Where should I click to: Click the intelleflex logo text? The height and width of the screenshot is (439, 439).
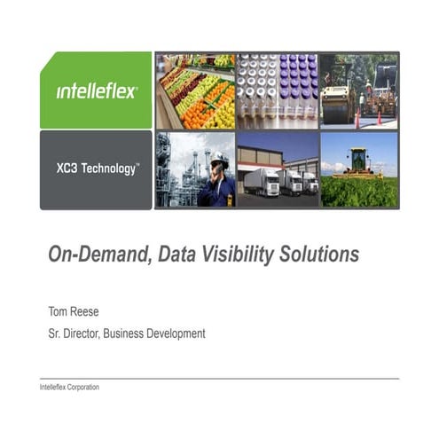coord(97,91)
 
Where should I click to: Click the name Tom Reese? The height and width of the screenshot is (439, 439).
coord(74,311)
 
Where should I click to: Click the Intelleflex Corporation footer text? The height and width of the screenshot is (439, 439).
coord(70,388)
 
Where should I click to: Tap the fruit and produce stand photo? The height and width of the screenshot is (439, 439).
coord(195,90)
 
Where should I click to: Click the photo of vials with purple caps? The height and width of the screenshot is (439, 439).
coord(277,90)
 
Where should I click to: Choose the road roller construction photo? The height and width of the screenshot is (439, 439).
coord(359,90)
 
